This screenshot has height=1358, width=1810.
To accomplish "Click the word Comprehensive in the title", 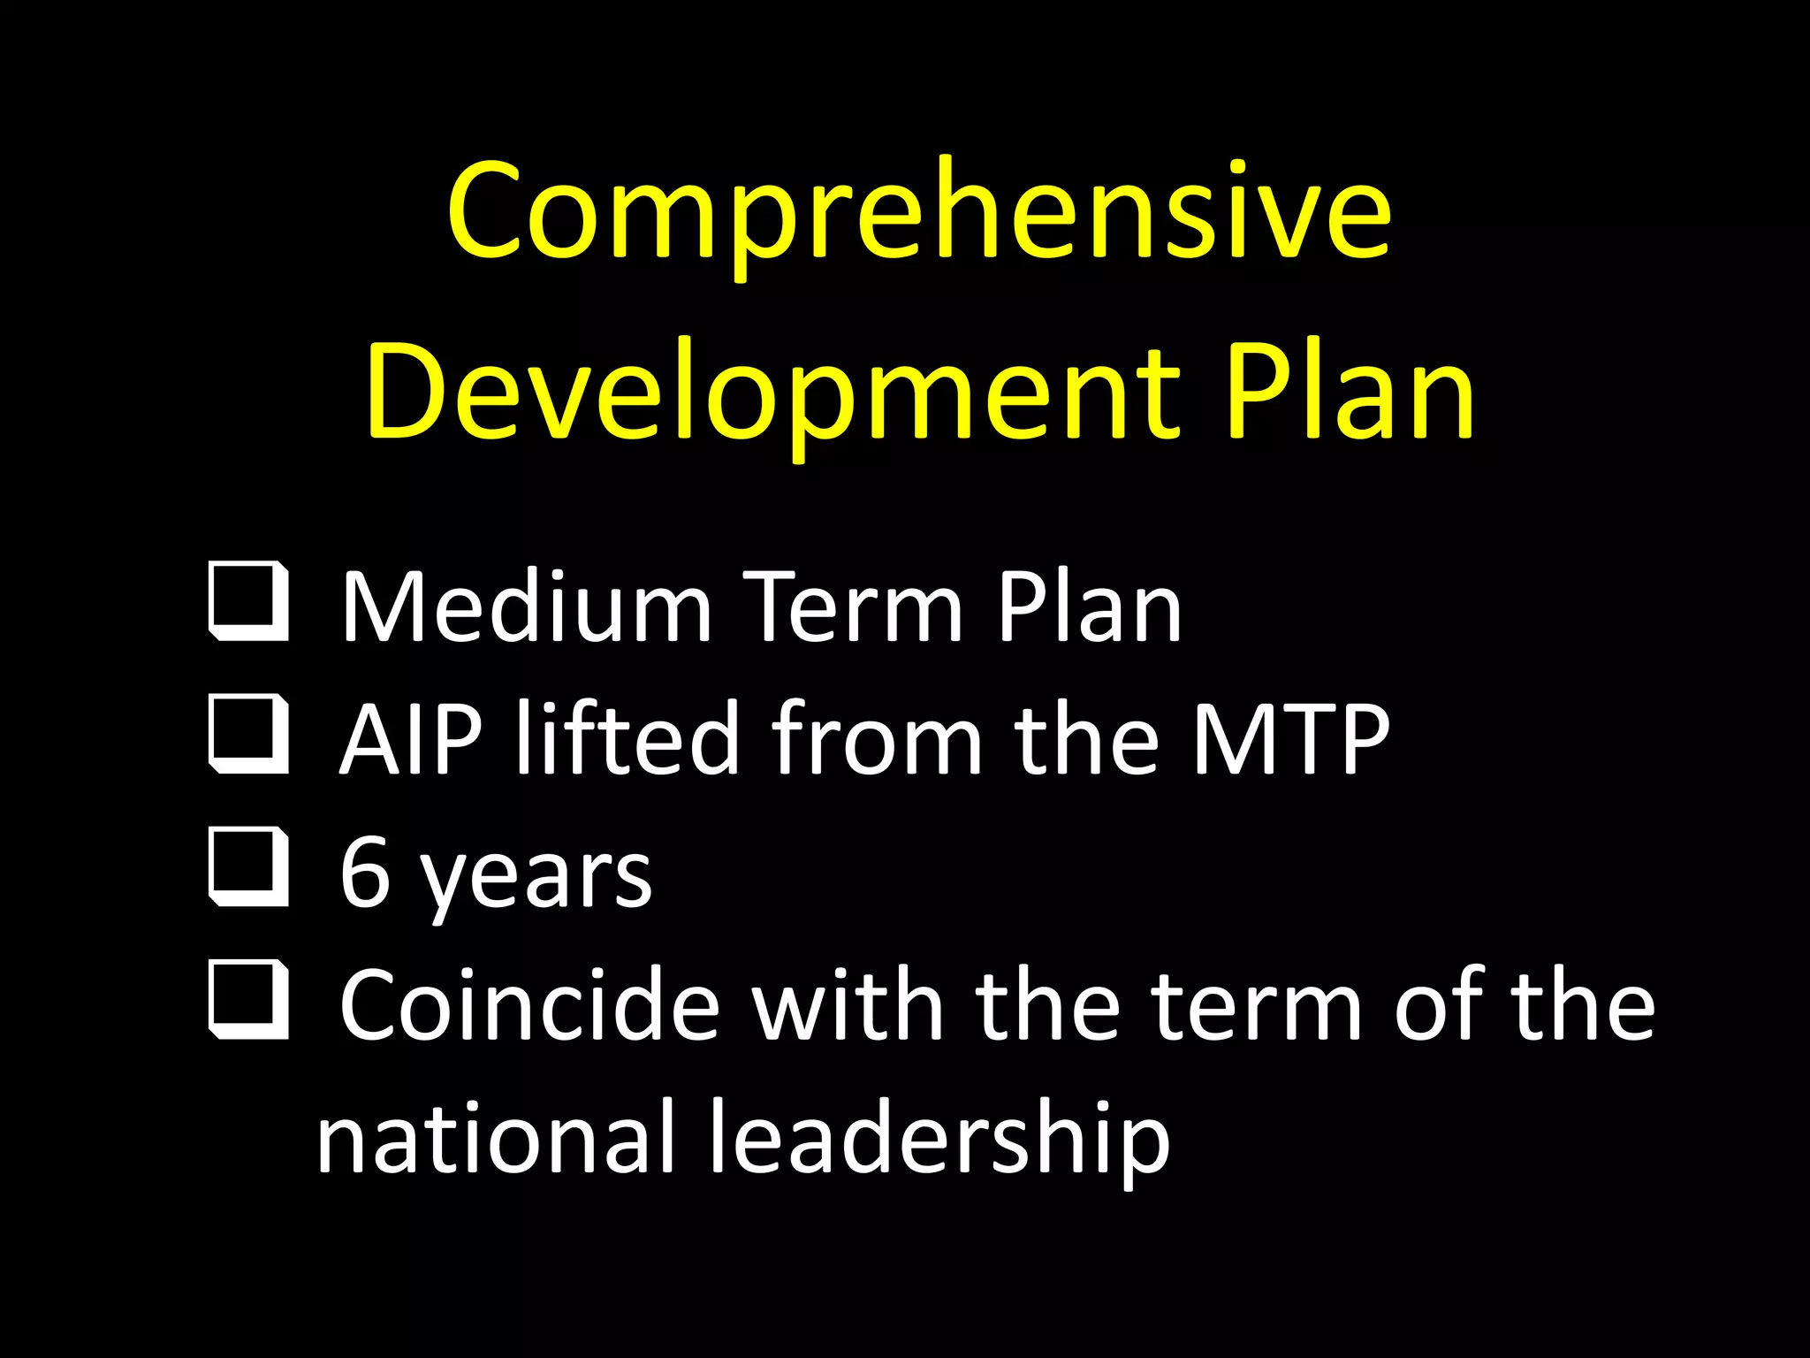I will [x=919, y=212].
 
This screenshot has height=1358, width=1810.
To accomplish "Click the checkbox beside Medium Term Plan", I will [x=249, y=600].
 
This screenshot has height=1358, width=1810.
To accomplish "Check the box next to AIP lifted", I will [x=249, y=734].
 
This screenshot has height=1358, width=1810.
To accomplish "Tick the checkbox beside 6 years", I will [x=249, y=867].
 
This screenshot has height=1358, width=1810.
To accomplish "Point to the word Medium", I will [x=527, y=607].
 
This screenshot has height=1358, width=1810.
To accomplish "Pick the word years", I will [x=536, y=880].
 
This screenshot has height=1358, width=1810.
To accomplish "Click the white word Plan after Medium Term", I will [x=1089, y=607].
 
